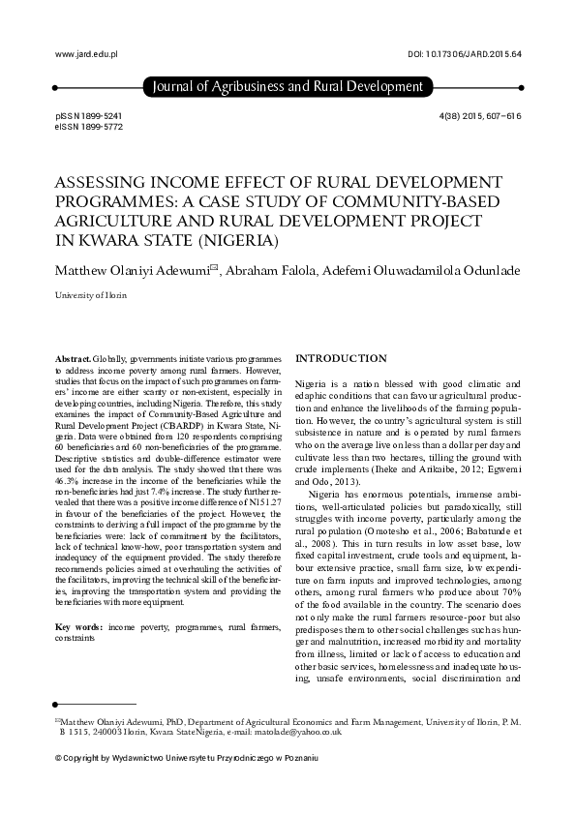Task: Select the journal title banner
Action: coord(288,87)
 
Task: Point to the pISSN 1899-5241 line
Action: coord(90,115)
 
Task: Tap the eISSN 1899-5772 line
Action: coord(90,126)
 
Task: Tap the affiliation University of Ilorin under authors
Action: coord(91,294)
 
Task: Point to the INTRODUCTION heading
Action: coord(340,358)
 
